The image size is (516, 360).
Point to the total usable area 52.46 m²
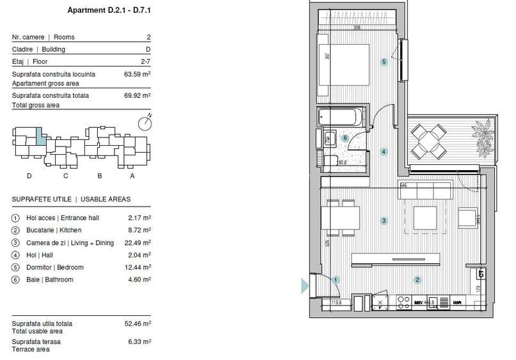pyautogui.click(x=137, y=324)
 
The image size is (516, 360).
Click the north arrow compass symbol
pyautogui.click(x=145, y=122)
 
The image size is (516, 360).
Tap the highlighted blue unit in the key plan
pyautogui.click(x=40, y=136)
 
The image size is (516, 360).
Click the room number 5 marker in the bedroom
pyautogui.click(x=384, y=62)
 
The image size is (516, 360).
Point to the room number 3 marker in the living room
pyautogui.click(x=384, y=221)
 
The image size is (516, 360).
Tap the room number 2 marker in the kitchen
pyautogui.click(x=417, y=279)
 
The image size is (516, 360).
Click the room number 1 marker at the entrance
pyautogui.click(x=336, y=279)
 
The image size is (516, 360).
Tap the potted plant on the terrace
pyautogui.click(x=483, y=136)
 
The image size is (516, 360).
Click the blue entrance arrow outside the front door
pyautogui.click(x=305, y=285)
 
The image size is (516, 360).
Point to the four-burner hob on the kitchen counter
pyautogui.click(x=403, y=302)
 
